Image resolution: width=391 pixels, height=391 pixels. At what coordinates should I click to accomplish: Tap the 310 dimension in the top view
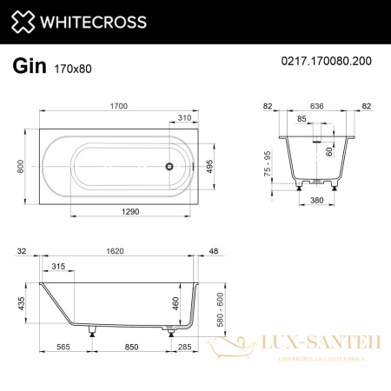pos(184,116)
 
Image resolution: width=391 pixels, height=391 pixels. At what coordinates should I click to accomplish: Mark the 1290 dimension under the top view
pos(129,211)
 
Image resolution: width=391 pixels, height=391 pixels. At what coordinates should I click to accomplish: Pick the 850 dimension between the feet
pos(129,348)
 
